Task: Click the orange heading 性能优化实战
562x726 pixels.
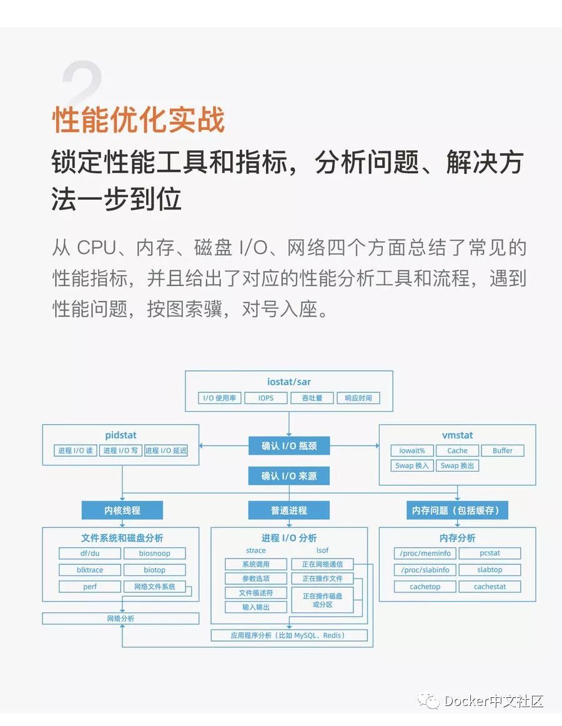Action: point(138,120)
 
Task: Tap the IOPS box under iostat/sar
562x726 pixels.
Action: point(266,398)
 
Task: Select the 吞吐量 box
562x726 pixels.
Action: point(312,398)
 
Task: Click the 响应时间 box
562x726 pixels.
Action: point(358,398)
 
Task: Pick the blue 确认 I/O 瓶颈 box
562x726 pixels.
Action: point(288,445)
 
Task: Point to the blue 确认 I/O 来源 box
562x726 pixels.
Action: point(288,476)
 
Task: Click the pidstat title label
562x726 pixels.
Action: point(121,435)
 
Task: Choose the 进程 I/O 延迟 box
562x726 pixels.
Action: point(165,450)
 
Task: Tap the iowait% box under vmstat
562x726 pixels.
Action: point(412,450)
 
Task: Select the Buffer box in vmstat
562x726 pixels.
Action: point(502,450)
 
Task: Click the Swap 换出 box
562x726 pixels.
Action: point(457,465)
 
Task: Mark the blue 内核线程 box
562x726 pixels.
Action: point(122,510)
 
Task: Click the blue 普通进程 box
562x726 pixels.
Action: point(288,510)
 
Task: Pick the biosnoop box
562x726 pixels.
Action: point(154,553)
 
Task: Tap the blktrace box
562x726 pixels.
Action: point(90,570)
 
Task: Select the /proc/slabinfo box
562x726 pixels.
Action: point(425,570)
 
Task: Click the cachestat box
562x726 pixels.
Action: point(490,587)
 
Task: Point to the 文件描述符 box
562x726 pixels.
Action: point(255,593)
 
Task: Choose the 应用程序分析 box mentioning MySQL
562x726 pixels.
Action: point(288,635)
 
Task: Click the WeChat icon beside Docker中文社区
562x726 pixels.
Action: point(429,700)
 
